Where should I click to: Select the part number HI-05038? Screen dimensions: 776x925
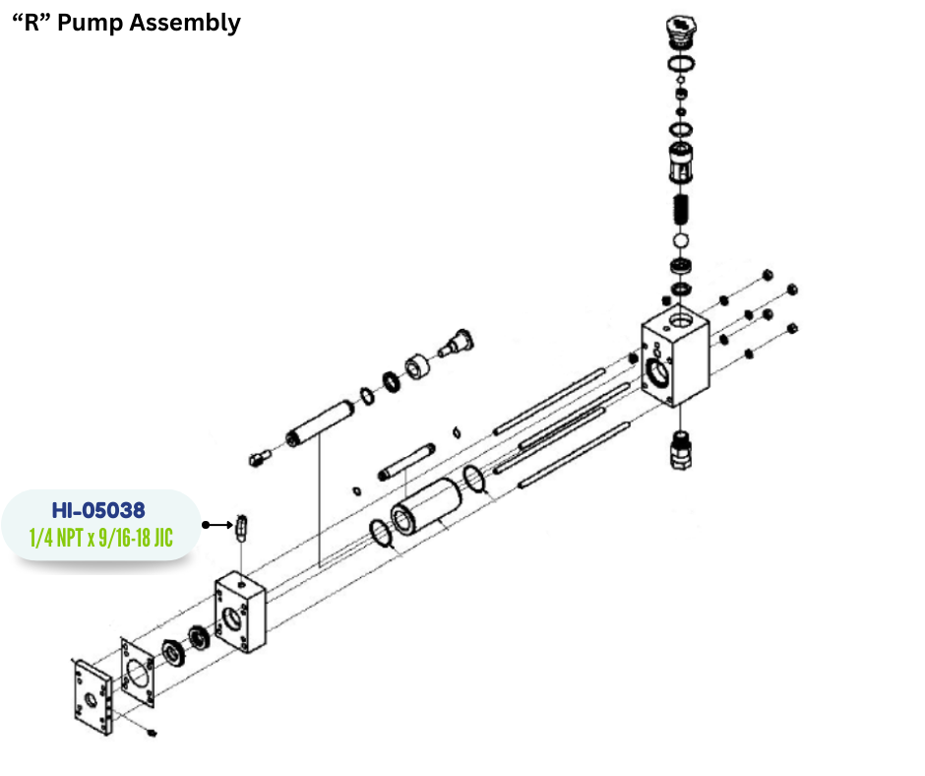98,510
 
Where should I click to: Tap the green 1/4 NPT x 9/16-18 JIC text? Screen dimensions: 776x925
98,539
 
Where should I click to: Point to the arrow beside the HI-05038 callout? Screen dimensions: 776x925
216,525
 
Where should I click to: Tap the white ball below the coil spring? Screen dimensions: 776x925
679,240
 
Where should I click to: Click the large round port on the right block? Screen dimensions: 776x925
656,372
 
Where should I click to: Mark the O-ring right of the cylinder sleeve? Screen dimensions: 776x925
474,480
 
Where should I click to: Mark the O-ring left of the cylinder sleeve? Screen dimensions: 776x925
382,537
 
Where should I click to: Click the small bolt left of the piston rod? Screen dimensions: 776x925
259,457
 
